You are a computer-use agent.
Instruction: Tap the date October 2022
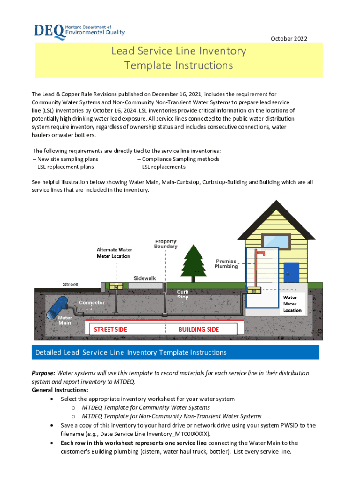[x=289, y=39]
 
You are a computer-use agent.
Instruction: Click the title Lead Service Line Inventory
[x=178, y=51]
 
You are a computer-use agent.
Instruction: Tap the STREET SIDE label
[x=110, y=330]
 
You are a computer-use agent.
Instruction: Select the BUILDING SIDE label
[x=198, y=330]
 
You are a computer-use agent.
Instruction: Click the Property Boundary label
[x=166, y=244]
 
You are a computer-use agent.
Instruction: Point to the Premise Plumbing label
[x=226, y=264]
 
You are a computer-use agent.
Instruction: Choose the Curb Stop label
[x=183, y=294]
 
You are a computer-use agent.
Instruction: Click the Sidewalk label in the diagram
[x=144, y=278]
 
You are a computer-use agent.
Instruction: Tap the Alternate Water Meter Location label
[x=115, y=253]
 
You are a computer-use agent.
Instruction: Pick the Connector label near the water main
[x=92, y=303]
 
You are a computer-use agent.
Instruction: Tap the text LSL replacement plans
[x=63, y=167]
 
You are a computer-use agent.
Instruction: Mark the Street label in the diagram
[x=71, y=284]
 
